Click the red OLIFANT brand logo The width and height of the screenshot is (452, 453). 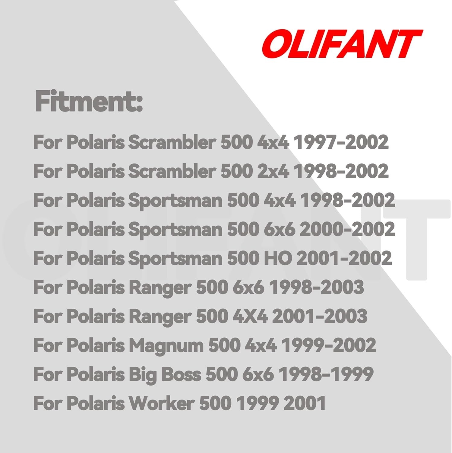point(342,43)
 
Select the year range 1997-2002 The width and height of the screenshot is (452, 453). point(341,142)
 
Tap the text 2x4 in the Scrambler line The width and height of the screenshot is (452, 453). point(273,171)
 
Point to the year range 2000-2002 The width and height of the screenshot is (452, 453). point(347,229)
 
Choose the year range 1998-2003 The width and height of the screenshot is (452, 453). point(316,287)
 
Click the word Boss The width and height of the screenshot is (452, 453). point(181,374)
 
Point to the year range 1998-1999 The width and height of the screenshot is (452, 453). point(326,374)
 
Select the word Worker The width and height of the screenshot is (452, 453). point(162,403)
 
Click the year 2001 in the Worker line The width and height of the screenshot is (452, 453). point(305,403)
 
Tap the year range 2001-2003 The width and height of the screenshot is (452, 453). point(320,316)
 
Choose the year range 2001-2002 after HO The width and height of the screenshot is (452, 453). point(344,258)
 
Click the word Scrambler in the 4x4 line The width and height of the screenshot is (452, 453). point(172,142)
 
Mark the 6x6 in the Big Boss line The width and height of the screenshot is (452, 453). point(258,374)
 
